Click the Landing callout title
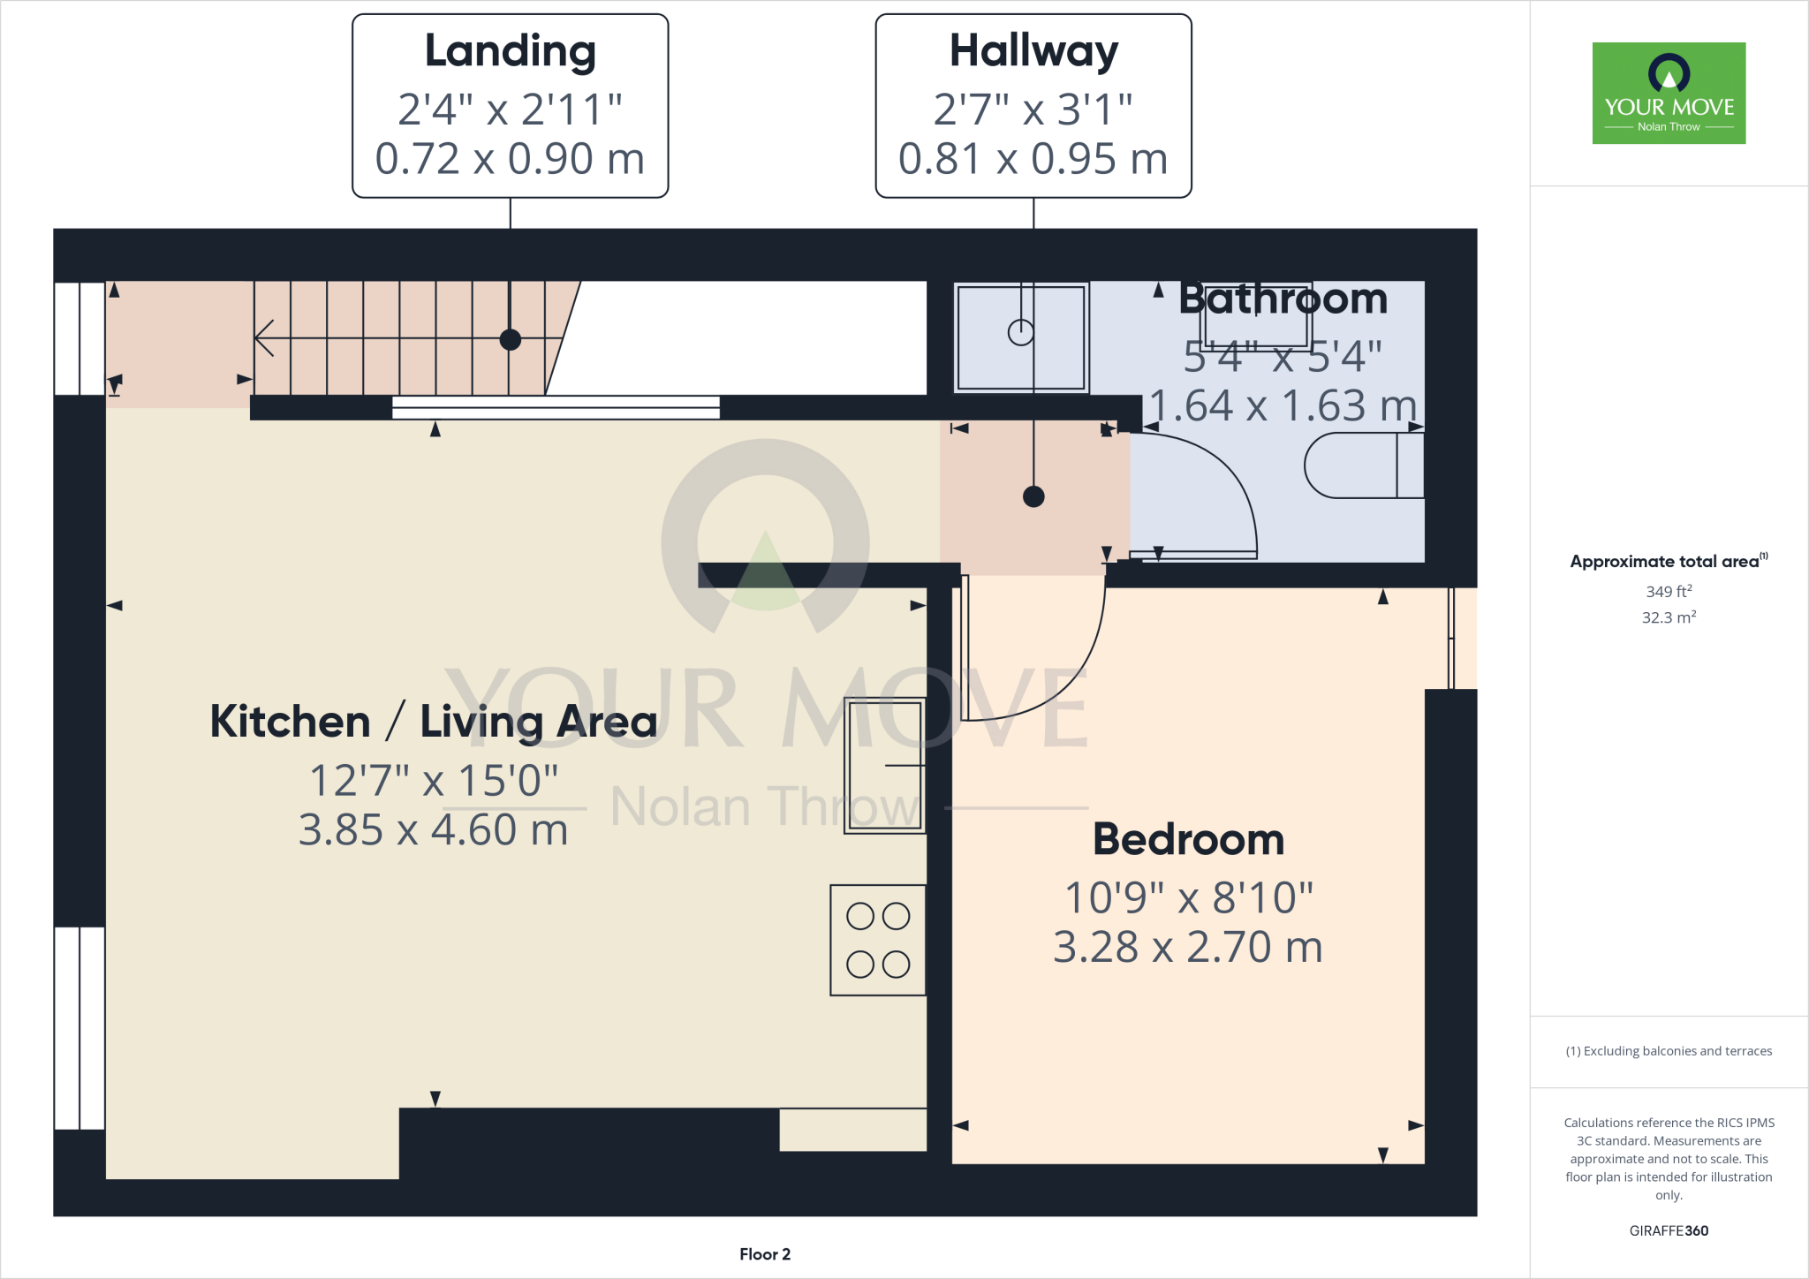point(511,51)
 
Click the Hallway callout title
point(1033,51)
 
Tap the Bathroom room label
point(1283,300)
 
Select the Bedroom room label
point(1188,839)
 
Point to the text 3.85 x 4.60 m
point(433,830)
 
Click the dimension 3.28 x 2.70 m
point(1188,948)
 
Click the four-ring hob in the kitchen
point(878,940)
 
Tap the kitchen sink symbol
point(885,765)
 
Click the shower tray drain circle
point(1021,332)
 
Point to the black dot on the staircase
point(511,339)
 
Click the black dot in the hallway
point(1033,496)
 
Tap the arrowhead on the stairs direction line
point(261,337)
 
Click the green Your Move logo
point(1669,93)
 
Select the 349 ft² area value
point(1669,591)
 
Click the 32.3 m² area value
point(1669,617)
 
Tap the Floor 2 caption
point(765,1254)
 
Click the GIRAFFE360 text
point(1669,1230)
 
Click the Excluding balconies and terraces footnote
point(1669,1051)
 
